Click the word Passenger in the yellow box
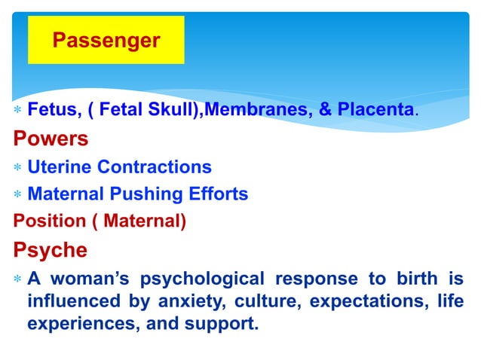pyautogui.click(x=106, y=40)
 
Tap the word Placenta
pyautogui.click(x=375, y=111)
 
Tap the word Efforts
pyautogui.click(x=217, y=194)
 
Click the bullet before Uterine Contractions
pyautogui.click(x=17, y=168)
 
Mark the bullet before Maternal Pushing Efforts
pyautogui.click(x=17, y=195)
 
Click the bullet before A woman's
pyautogui.click(x=17, y=279)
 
